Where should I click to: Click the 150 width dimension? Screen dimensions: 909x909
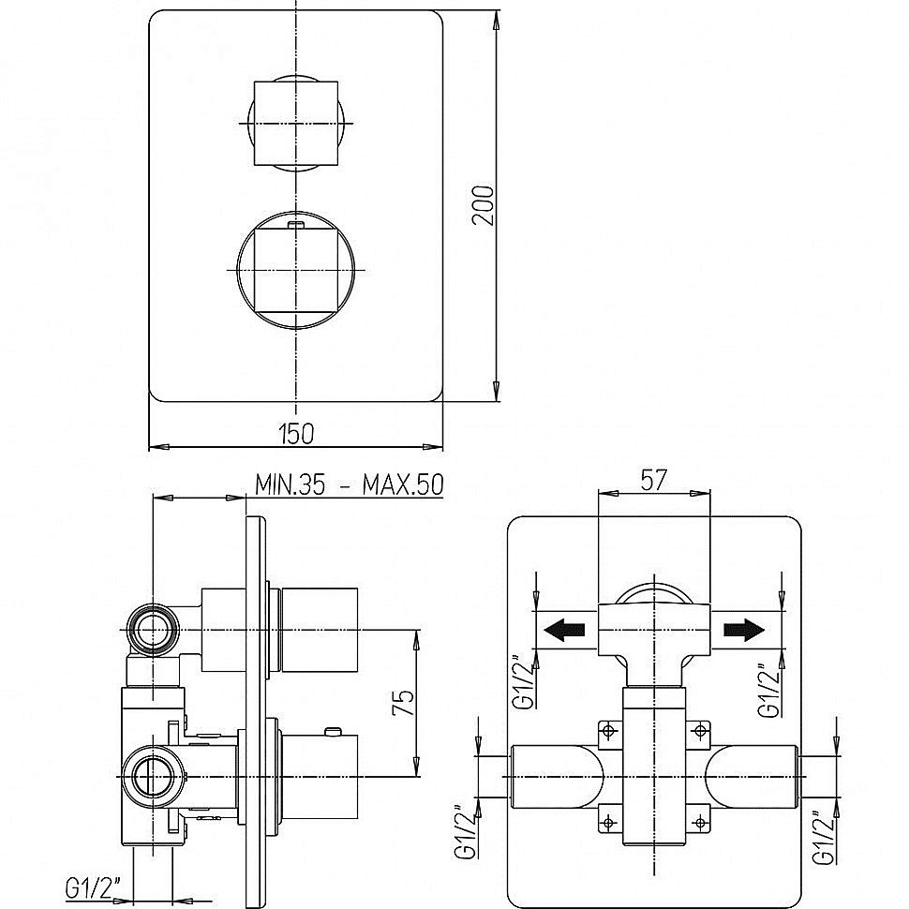[x=295, y=432]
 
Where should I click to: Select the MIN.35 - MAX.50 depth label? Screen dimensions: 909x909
[x=349, y=484]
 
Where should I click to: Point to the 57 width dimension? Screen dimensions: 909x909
[x=653, y=480]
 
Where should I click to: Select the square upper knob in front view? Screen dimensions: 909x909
[x=294, y=124]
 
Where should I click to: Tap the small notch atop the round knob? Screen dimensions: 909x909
[x=295, y=224]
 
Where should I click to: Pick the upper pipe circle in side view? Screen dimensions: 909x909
[x=153, y=628]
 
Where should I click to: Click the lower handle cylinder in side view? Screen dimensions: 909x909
[x=319, y=777]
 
